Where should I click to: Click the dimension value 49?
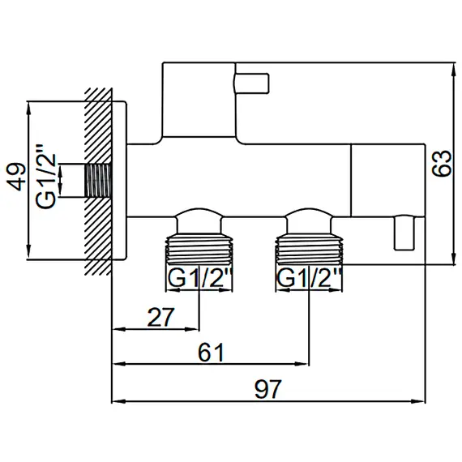pos(17,177)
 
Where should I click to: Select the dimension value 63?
pos(442,164)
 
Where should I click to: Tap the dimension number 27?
pos(160,317)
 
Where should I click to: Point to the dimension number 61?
pos(211,352)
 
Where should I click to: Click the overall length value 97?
pos(267,389)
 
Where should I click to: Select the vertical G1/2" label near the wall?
pos(45,177)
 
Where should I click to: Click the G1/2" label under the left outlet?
pos(200,279)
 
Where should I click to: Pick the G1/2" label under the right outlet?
pos(309,279)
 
